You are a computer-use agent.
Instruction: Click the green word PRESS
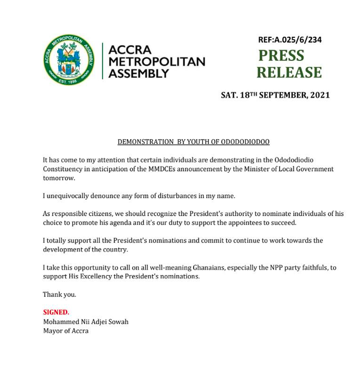281,56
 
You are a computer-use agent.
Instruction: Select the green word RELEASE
289,72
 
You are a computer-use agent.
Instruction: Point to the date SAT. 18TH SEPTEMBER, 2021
275,95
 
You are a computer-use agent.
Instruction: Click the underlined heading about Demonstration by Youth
193,142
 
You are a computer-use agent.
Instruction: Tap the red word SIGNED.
56,312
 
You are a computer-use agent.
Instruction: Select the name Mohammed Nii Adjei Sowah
86,321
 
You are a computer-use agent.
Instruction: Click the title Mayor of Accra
66,331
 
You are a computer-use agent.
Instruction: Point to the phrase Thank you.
59,295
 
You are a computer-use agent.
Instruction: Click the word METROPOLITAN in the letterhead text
156,62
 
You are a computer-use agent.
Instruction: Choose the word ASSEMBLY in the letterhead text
139,73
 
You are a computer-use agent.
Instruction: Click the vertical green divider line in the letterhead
102,61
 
